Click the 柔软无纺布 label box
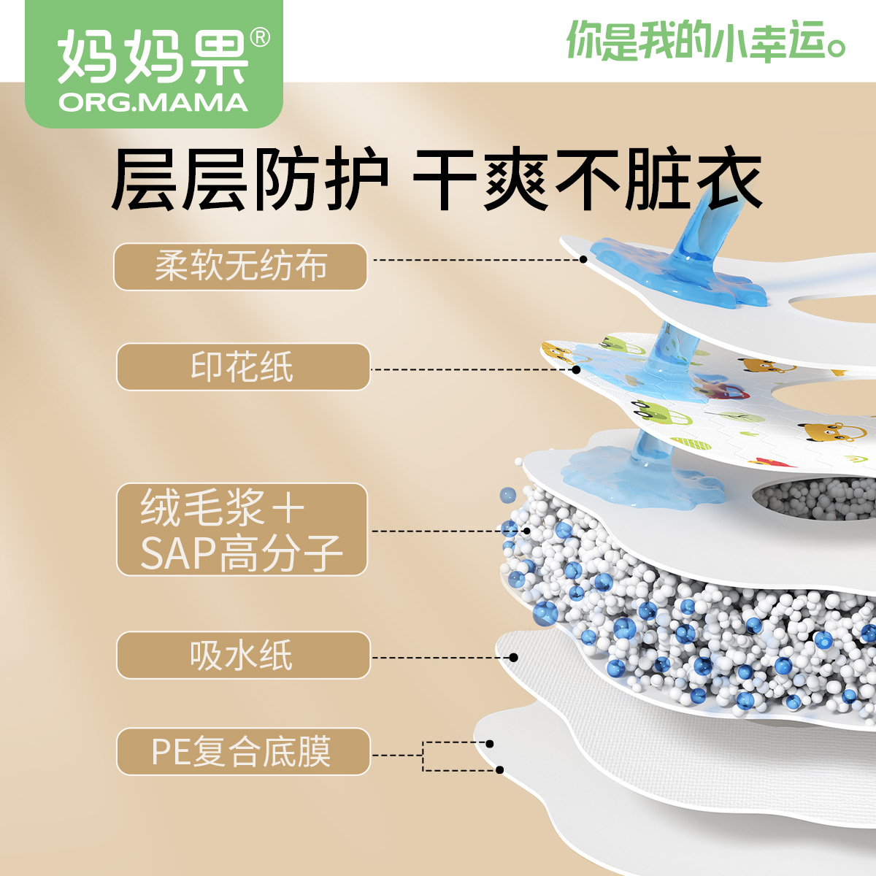pos(240,266)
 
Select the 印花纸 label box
pos(242,366)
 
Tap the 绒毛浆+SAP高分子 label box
pos(242,529)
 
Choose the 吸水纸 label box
pos(242,655)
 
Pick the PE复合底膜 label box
pos(242,751)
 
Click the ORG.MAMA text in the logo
pos(153,102)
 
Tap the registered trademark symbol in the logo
pos(259,37)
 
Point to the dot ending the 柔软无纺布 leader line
pos(583,259)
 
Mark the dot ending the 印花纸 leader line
pos(576,369)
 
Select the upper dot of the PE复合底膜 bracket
pos(490,744)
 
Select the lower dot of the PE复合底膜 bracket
pos(500,769)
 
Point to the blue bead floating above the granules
pos(507,496)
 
